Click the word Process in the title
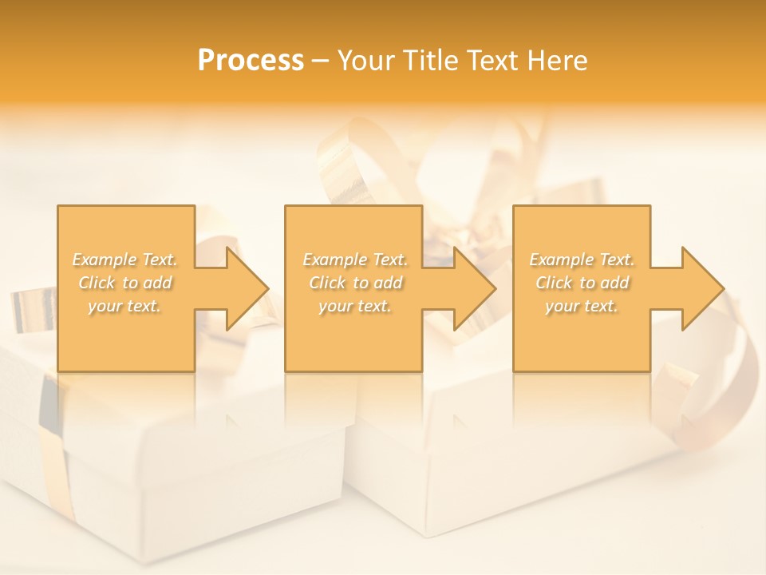pos(251,61)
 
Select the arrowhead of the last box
pos(701,288)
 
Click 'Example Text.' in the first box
pos(125,260)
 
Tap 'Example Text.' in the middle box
pos(355,260)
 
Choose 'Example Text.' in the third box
pos(582,260)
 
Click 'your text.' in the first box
pos(124,306)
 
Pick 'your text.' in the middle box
pos(355,306)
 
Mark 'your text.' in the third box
pos(582,306)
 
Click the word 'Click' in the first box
pos(96,283)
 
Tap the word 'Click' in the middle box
pos(327,283)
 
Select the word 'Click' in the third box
pos(554,283)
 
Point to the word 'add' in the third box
pos(614,283)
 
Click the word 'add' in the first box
pos(158,283)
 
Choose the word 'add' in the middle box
pos(388,283)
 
